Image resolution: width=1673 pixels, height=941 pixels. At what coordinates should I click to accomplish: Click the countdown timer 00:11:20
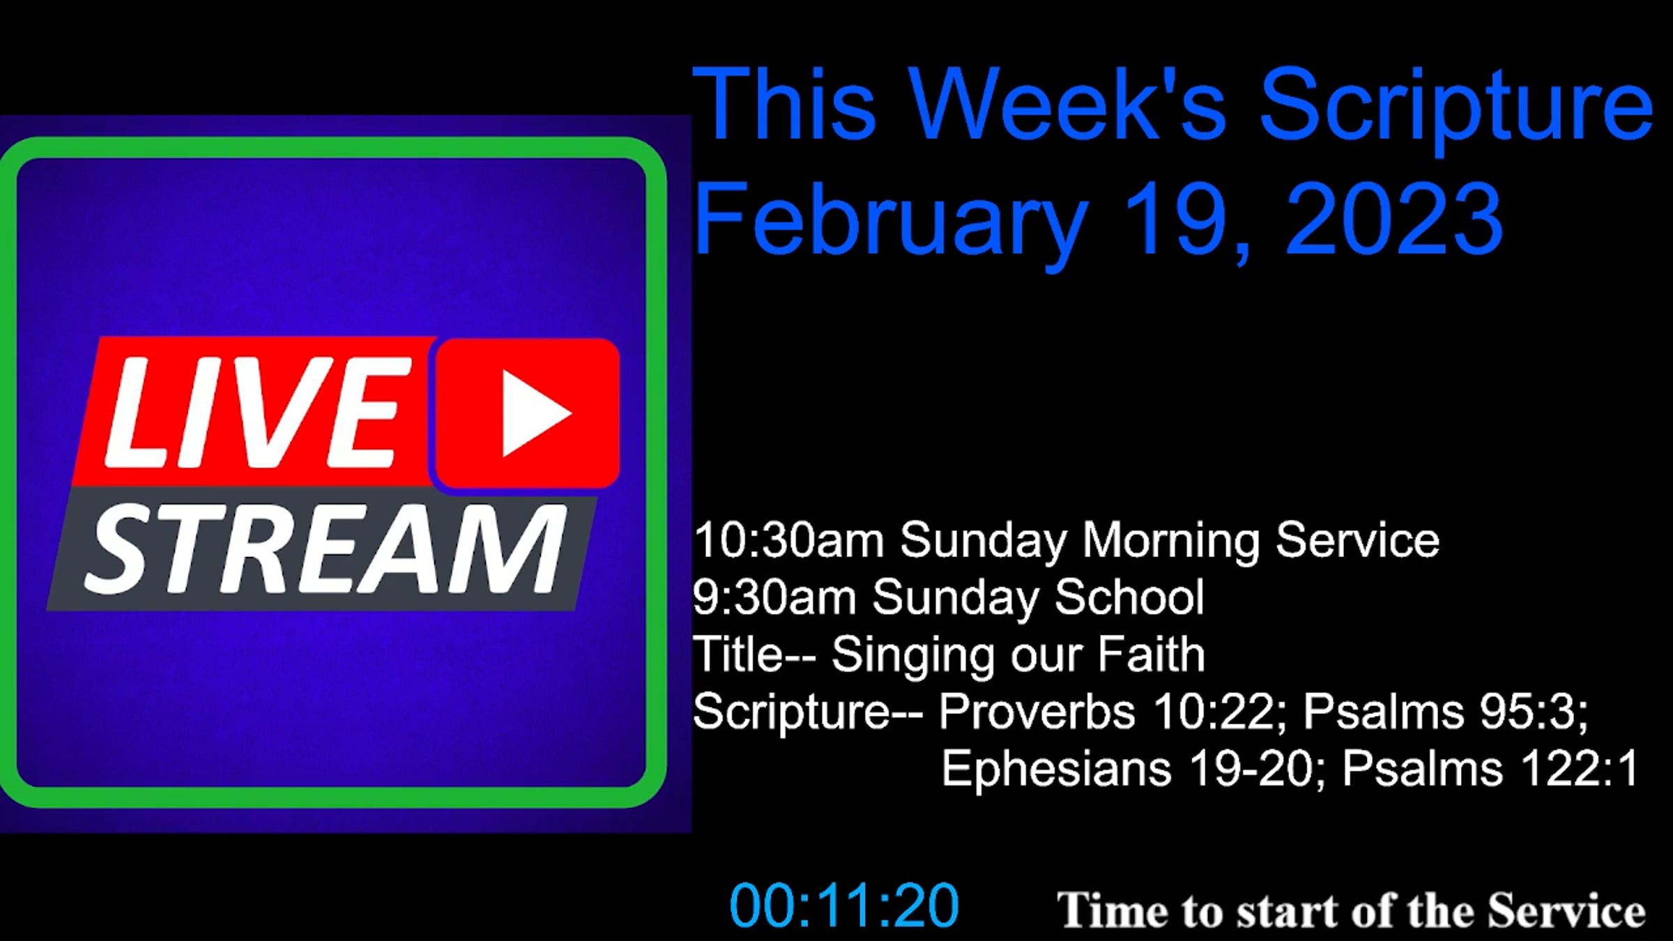[x=844, y=905]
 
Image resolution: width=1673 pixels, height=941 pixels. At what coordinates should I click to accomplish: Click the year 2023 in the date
[x=1393, y=217]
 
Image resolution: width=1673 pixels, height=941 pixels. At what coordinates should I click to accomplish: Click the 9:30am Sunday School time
[x=774, y=597]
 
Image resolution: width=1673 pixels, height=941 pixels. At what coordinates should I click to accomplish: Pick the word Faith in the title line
[x=1151, y=655]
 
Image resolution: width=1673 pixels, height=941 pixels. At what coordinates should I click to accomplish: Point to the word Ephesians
[x=1056, y=769]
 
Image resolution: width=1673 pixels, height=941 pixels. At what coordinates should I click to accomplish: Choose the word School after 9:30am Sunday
[x=1129, y=597]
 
